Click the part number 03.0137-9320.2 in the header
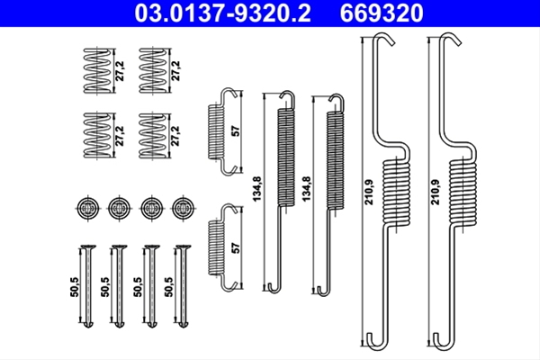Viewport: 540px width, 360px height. pyautogui.click(x=223, y=13)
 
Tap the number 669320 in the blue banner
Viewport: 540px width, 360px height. pyautogui.click(x=382, y=13)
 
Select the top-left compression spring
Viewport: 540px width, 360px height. pyautogui.click(x=98, y=70)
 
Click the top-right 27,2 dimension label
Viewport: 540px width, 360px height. pyautogui.click(x=176, y=70)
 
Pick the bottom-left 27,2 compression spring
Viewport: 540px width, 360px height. pyautogui.click(x=98, y=135)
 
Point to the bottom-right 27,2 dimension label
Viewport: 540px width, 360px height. pyautogui.click(x=176, y=136)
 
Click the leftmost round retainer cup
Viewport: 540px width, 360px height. pyautogui.click(x=87, y=208)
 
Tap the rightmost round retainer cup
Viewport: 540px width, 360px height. pyautogui.click(x=184, y=208)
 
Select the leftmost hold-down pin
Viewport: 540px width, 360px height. pyautogui.click(x=88, y=286)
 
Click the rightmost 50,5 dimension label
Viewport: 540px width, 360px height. pyautogui.click(x=169, y=286)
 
